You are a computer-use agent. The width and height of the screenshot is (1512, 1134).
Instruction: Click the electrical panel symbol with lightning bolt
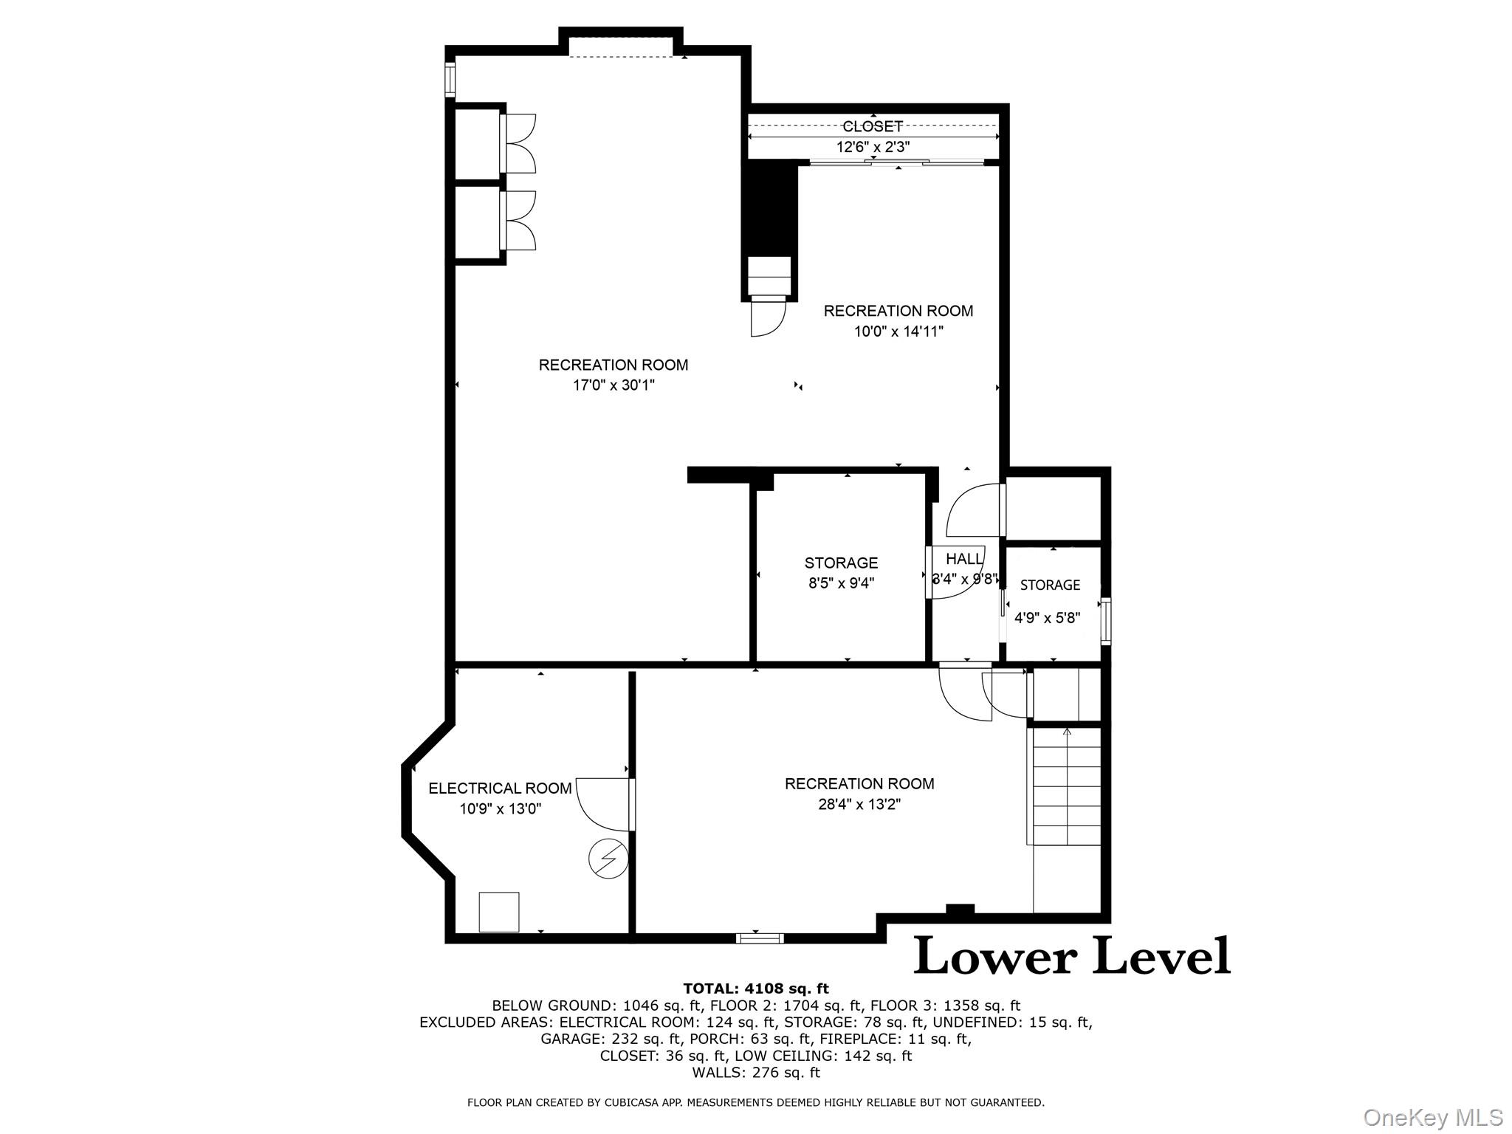pyautogui.click(x=608, y=859)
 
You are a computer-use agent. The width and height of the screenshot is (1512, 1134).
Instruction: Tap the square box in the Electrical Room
pyautogui.click(x=499, y=912)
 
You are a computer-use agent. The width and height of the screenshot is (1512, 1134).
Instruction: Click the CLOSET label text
pyautogui.click(x=873, y=126)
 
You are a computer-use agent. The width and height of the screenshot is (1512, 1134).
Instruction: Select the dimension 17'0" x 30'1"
pyautogui.click(x=614, y=385)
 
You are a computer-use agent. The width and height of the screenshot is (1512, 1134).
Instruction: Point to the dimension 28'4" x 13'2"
pyautogui.click(x=859, y=804)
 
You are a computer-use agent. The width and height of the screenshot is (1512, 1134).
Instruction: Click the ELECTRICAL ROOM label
pyautogui.click(x=500, y=788)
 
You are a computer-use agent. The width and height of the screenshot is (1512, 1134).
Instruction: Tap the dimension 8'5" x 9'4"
pyautogui.click(x=841, y=583)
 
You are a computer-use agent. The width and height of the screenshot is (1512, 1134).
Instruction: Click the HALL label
pyautogui.click(x=964, y=559)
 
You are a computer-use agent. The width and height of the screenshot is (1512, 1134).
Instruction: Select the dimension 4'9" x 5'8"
pyautogui.click(x=1048, y=618)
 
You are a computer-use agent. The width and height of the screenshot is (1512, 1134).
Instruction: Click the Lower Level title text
pyautogui.click(x=1072, y=956)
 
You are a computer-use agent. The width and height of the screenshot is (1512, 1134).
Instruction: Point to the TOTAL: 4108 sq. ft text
pyautogui.click(x=756, y=989)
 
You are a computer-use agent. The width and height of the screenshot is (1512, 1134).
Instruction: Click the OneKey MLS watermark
pyautogui.click(x=1432, y=1117)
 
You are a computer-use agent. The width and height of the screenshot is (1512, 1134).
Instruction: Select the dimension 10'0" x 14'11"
pyautogui.click(x=898, y=331)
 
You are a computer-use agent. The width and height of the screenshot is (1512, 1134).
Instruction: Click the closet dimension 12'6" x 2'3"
pyautogui.click(x=873, y=147)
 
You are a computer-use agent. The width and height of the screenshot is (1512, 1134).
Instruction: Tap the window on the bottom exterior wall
pyautogui.click(x=760, y=938)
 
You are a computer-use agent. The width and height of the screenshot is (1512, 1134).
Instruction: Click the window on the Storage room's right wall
pyautogui.click(x=1105, y=622)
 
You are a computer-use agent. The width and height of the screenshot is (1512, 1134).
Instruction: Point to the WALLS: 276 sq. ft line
pyautogui.click(x=756, y=1073)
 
